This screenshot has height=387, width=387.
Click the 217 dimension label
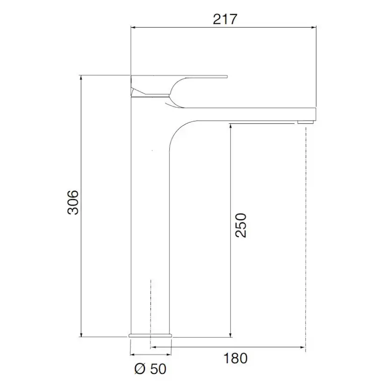(225, 19)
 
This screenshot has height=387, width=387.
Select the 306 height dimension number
(73, 202)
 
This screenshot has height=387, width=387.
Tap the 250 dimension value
(241, 225)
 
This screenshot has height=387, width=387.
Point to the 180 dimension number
(235, 358)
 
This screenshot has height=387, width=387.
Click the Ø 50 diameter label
(150, 369)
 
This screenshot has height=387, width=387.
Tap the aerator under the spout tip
(306, 122)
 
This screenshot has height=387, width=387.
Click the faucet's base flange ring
(150, 336)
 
